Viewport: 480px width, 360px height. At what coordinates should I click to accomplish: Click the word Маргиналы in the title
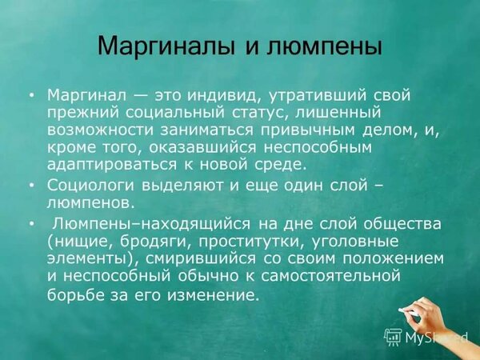coord(166,46)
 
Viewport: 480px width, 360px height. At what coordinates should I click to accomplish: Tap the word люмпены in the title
coord(324,46)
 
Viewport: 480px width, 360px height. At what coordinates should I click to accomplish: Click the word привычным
coord(306,130)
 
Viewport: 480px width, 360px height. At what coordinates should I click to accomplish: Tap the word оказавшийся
coord(202,148)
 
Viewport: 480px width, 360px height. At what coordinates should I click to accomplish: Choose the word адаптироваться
coord(112,166)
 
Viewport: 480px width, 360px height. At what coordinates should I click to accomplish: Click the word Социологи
coord(90,186)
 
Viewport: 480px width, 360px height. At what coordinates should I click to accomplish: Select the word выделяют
coord(182,186)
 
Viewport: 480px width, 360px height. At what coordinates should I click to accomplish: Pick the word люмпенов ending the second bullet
coord(90,203)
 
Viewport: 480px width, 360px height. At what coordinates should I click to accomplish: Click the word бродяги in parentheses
coord(155,242)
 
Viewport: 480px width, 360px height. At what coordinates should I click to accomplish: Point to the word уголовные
coord(355,242)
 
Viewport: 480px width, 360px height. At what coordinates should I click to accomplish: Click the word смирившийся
coord(201,259)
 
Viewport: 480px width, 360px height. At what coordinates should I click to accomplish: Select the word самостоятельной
coord(330,277)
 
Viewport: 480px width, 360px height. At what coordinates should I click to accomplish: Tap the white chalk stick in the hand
coord(408,312)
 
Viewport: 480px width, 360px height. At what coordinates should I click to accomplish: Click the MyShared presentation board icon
coord(393,337)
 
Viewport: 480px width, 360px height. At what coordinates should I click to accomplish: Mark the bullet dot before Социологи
coord(32,186)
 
